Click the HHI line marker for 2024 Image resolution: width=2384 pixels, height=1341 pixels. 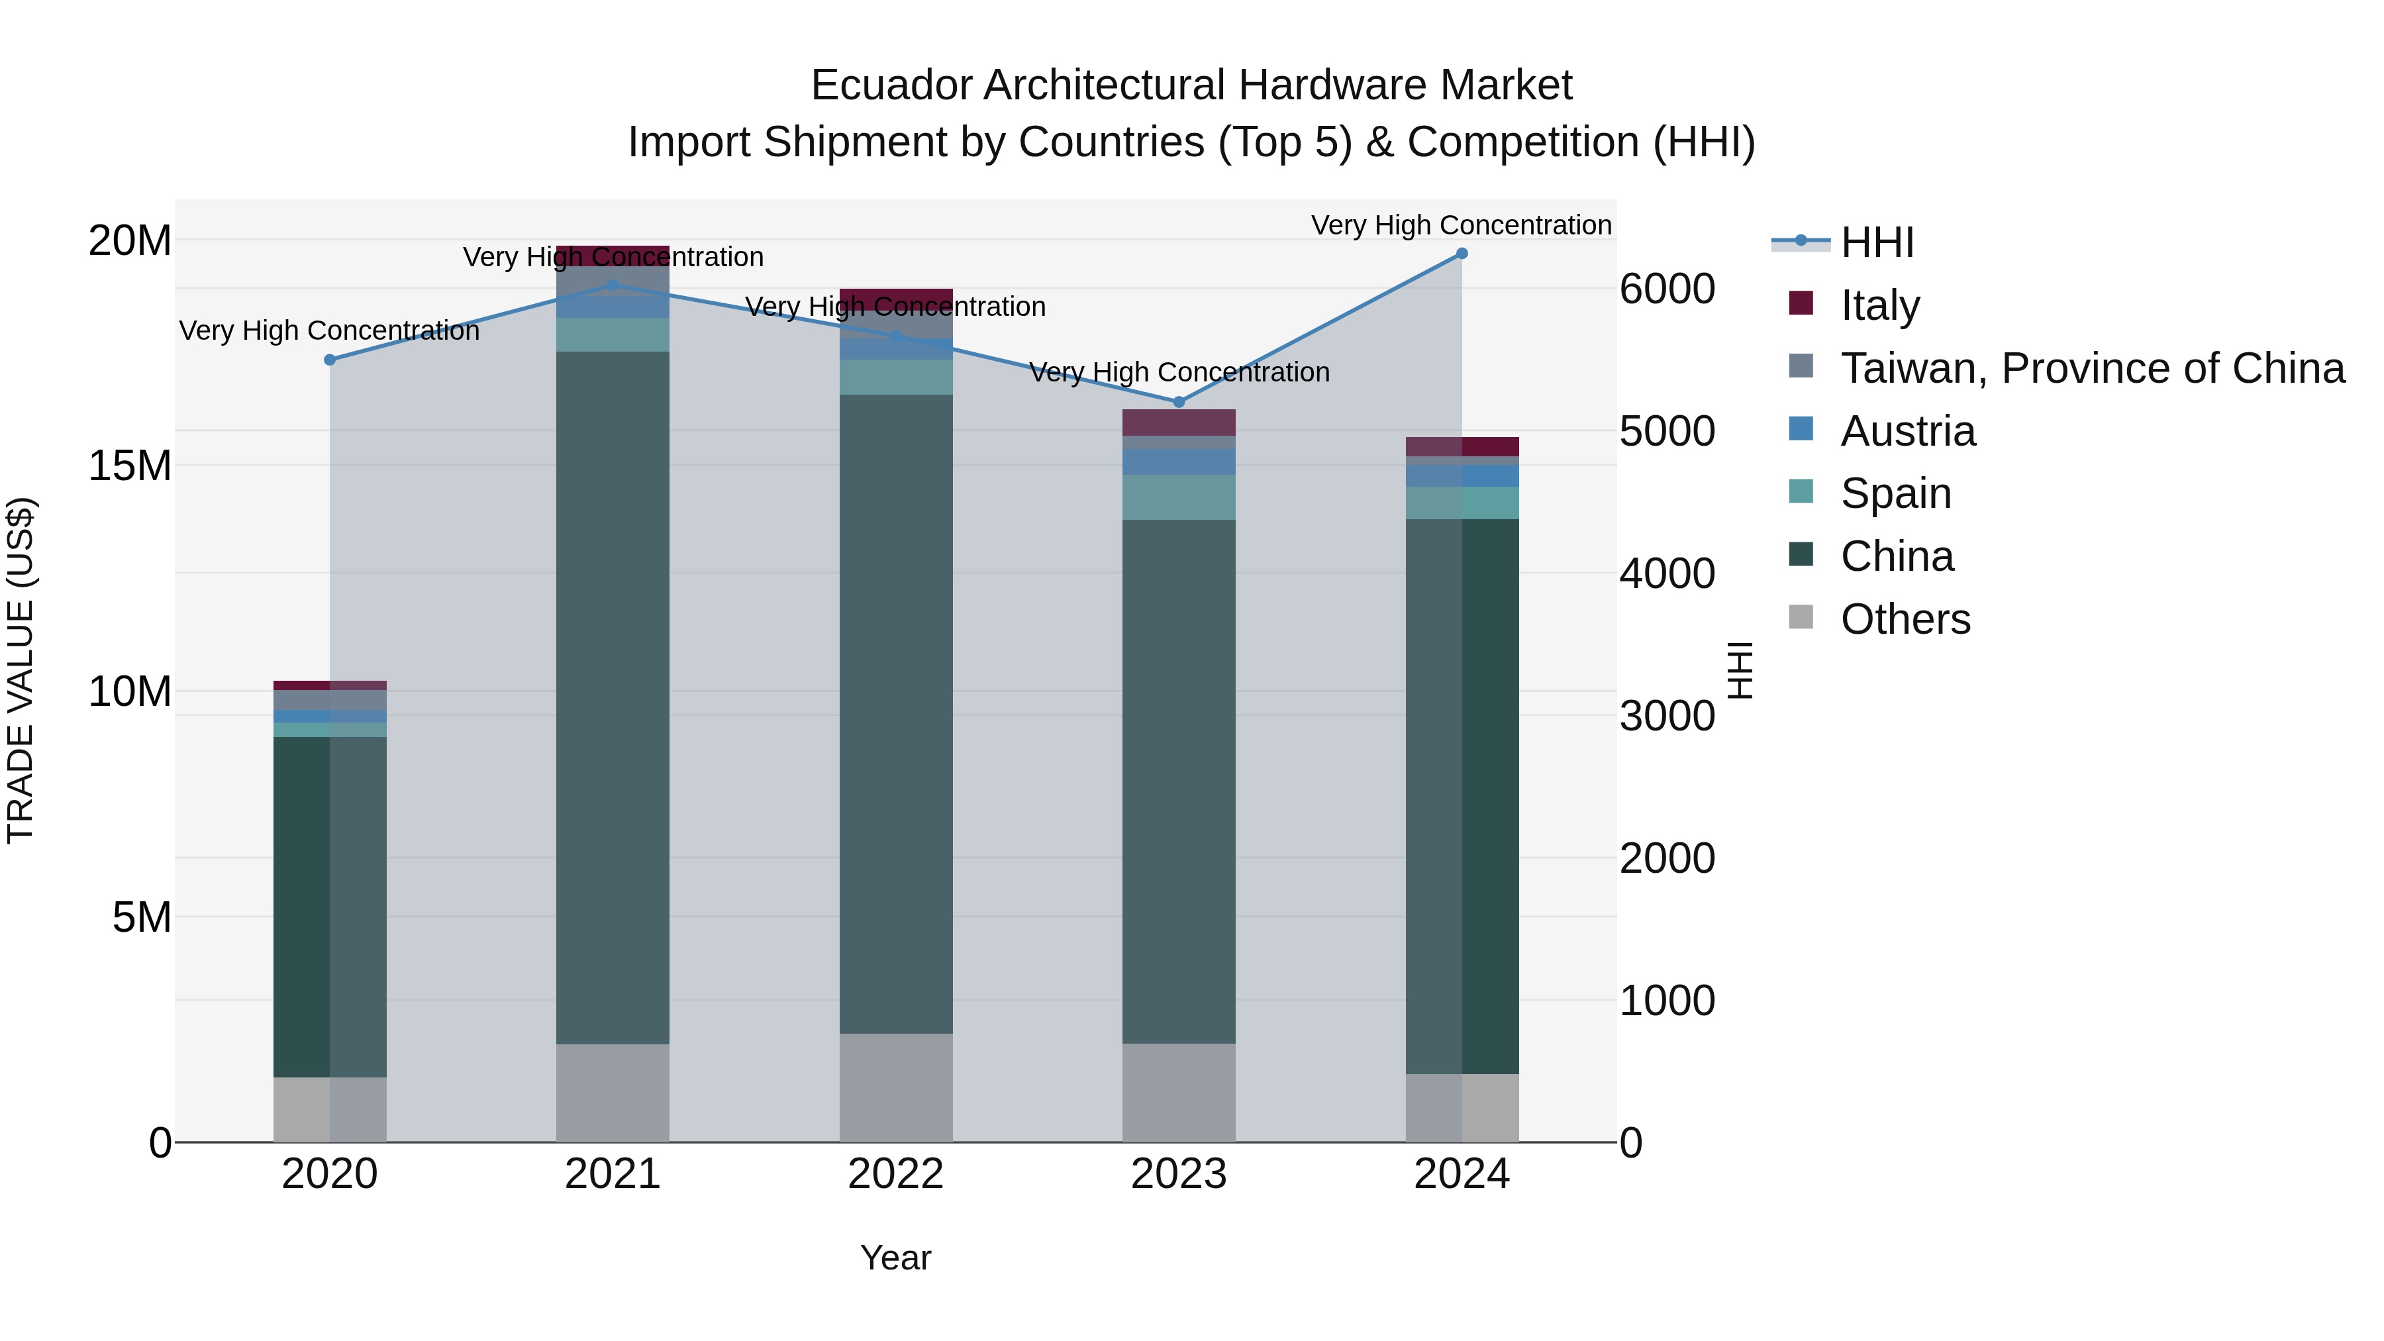point(1462,253)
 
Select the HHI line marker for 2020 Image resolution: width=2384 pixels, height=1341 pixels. point(330,359)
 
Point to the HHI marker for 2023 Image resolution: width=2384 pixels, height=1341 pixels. point(1178,402)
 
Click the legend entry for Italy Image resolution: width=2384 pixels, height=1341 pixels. point(1879,305)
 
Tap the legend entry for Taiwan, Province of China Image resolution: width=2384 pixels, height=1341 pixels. point(2091,368)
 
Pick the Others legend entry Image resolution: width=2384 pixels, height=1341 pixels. point(1905,619)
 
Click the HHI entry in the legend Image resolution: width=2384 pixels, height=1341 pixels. point(1876,242)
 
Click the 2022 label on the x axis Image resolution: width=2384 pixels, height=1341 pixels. point(895,1174)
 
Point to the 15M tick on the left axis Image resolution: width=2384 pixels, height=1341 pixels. point(130,466)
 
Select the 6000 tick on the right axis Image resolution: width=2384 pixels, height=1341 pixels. point(1667,289)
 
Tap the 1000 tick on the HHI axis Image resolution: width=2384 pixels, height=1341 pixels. point(1667,1001)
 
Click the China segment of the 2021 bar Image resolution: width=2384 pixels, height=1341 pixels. point(612,694)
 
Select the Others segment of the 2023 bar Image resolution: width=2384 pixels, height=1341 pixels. point(1178,1092)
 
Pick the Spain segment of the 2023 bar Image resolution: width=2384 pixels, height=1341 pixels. point(1178,497)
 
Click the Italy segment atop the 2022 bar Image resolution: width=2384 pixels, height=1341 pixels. point(895,298)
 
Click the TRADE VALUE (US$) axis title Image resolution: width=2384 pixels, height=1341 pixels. point(21,670)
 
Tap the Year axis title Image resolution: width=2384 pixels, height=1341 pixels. point(895,1258)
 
